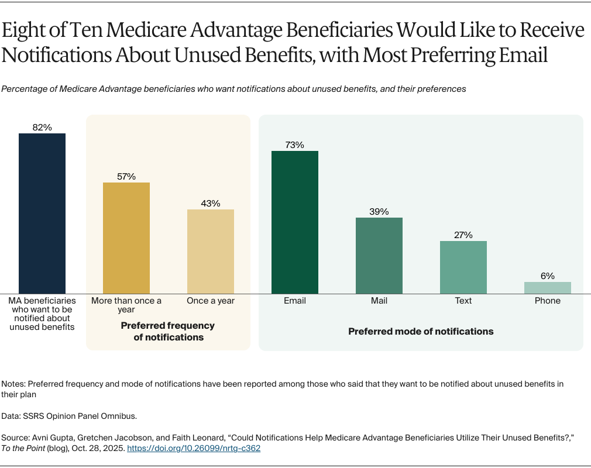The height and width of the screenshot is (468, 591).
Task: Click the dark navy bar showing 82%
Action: point(42,214)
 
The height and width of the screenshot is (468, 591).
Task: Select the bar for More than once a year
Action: point(126,238)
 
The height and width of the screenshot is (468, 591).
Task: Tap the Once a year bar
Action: point(211,252)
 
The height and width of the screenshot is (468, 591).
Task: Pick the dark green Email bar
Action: point(295,222)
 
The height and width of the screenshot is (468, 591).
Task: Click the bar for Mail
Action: point(379,256)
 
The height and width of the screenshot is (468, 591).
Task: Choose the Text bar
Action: point(463,267)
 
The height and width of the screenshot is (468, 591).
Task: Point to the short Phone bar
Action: point(548,288)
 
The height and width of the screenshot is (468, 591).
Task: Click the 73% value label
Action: point(295,145)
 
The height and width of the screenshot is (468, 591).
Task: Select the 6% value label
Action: point(548,276)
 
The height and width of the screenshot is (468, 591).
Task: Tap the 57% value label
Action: point(126,177)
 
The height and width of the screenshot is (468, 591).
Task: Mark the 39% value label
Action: point(379,212)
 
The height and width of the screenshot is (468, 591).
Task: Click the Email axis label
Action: point(295,301)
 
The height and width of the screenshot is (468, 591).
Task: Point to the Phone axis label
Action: point(548,301)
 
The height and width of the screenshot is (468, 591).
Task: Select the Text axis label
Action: point(463,301)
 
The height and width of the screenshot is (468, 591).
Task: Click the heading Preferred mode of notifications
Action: point(421,332)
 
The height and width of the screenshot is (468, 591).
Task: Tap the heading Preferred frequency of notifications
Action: point(168,331)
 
